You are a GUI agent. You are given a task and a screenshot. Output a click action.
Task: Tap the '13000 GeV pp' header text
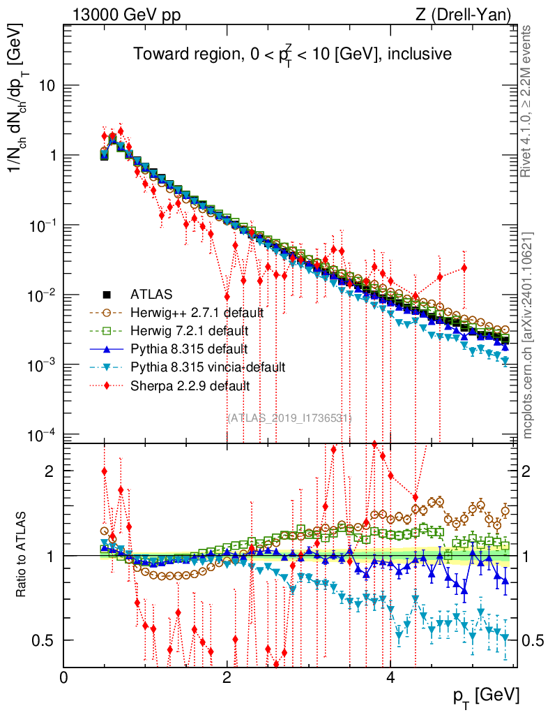[125, 15]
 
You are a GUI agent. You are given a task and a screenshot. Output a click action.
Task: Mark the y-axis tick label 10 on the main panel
[48, 86]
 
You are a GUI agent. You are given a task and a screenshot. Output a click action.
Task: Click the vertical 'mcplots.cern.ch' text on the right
[528, 335]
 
